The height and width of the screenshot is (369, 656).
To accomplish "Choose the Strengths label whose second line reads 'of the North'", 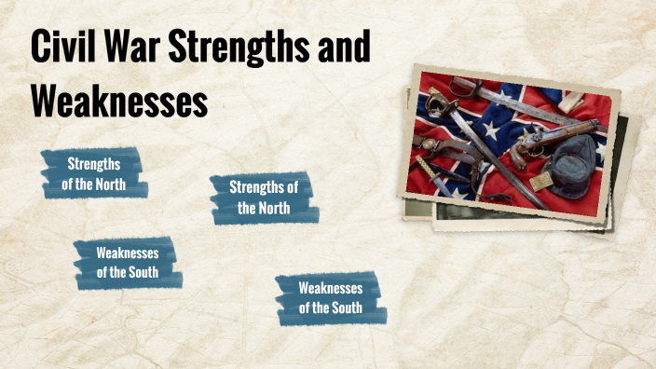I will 94,173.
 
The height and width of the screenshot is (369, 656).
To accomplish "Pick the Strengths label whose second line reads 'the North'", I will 264,197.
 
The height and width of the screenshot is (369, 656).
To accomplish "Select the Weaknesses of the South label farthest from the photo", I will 128,263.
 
